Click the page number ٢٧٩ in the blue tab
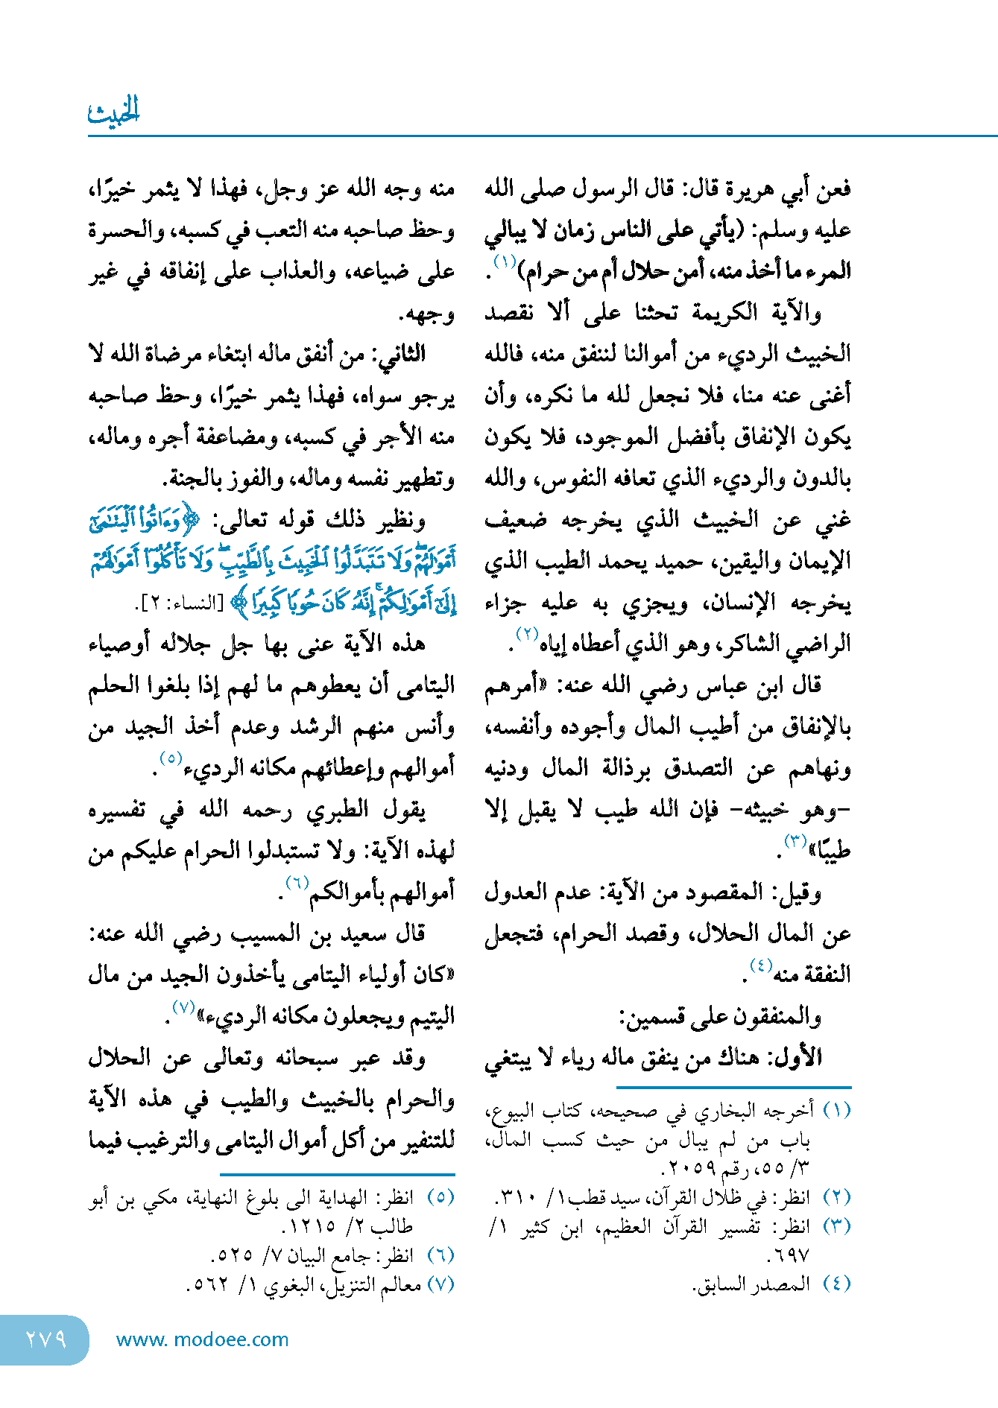[45, 1339]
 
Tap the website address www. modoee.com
[202, 1339]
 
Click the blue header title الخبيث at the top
[114, 111]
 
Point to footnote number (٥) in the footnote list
[440, 1197]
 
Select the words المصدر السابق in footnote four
[752, 1284]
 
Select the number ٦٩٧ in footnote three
[787, 1255]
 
